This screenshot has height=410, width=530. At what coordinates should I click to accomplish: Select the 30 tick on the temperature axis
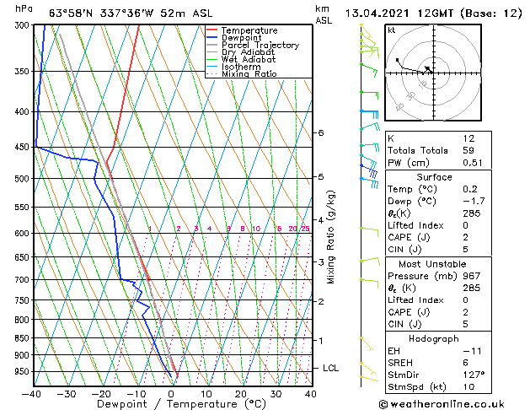(x=276, y=394)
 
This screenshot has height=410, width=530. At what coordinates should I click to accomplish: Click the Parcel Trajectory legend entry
(x=260, y=46)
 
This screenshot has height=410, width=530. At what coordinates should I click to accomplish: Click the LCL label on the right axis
(x=331, y=368)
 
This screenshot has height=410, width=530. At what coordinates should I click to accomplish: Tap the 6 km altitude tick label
(x=321, y=132)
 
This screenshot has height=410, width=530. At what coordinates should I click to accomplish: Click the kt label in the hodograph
(x=392, y=30)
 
